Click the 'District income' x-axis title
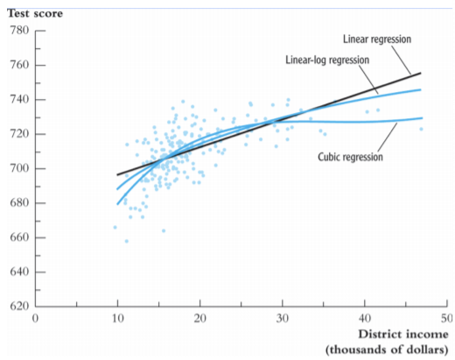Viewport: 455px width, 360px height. (x=403, y=335)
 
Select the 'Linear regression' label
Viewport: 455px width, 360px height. (x=376, y=39)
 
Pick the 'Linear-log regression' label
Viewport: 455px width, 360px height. (x=327, y=60)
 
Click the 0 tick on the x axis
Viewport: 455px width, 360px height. (x=35, y=317)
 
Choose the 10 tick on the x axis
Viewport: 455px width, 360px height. (x=117, y=317)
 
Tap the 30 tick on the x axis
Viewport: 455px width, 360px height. (x=282, y=317)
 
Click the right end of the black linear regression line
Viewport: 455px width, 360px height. (x=421, y=74)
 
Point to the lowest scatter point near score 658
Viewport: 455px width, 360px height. (x=126, y=241)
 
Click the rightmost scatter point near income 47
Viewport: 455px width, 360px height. (x=421, y=130)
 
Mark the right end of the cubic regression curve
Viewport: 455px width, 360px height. (x=421, y=118)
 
